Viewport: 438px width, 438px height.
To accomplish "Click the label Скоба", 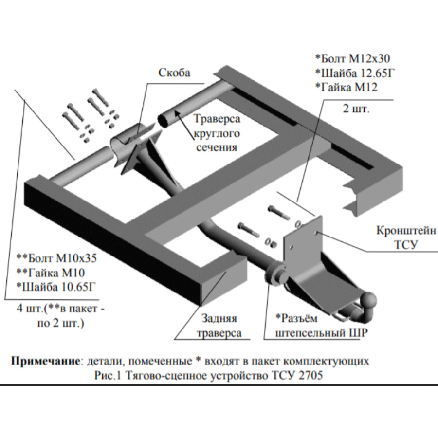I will [174, 73].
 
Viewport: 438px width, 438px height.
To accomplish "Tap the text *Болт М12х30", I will [352, 59].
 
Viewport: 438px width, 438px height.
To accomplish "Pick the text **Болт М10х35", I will [54, 256].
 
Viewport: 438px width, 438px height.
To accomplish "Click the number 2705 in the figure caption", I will [308, 376].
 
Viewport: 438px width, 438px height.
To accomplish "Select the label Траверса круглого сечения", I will [216, 133].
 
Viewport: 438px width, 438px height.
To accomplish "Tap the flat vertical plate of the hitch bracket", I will [302, 243].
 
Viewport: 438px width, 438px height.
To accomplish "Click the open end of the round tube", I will [165, 120].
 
